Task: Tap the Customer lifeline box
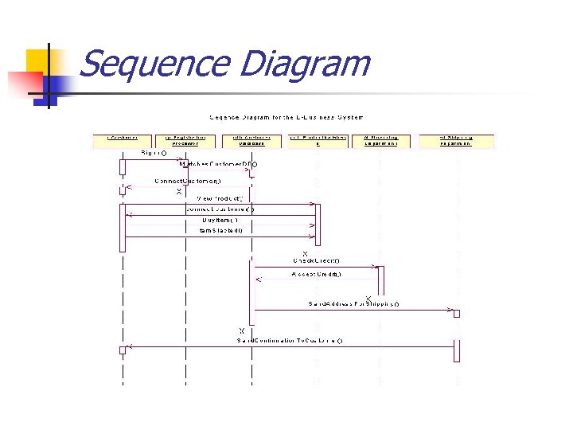click(123, 141)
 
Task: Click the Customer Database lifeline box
click(252, 141)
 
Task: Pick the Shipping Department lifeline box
click(456, 141)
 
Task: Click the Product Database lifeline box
click(318, 141)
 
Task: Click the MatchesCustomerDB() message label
click(218, 164)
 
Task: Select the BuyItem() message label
click(220, 220)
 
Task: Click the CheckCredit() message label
click(316, 260)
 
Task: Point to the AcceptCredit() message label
click(317, 275)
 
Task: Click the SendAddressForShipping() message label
click(353, 303)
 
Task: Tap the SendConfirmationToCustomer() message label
click(290, 340)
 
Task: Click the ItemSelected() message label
click(221, 230)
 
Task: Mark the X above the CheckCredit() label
click(305, 253)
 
